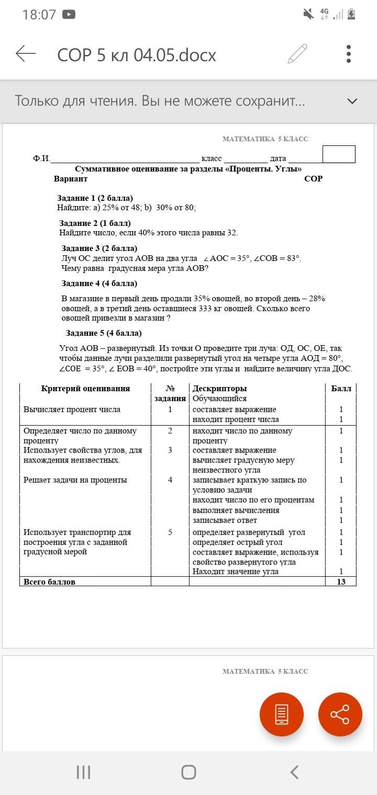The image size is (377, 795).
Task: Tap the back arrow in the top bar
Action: [26, 53]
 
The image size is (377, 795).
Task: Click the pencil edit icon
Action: [297, 54]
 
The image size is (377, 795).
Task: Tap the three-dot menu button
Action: [349, 54]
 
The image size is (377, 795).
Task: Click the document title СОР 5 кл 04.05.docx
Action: [137, 55]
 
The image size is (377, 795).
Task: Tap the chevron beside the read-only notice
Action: [352, 101]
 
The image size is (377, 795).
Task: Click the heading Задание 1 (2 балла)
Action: [95, 198]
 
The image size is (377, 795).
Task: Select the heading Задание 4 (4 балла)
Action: [99, 283]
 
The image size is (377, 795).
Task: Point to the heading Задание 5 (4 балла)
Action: [104, 333]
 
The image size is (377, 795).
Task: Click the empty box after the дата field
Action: [339, 154]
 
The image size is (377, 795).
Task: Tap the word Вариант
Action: [71, 179]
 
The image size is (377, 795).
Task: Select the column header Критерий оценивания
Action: [85, 389]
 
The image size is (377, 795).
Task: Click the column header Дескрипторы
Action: [219, 389]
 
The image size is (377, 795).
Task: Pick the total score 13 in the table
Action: [341, 582]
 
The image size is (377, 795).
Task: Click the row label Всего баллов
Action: [49, 582]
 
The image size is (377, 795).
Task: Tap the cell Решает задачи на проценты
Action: [75, 480]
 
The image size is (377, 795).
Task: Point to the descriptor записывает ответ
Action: [225, 520]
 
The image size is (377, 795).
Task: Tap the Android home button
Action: [188, 772]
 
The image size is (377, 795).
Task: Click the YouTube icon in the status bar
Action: [69, 15]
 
